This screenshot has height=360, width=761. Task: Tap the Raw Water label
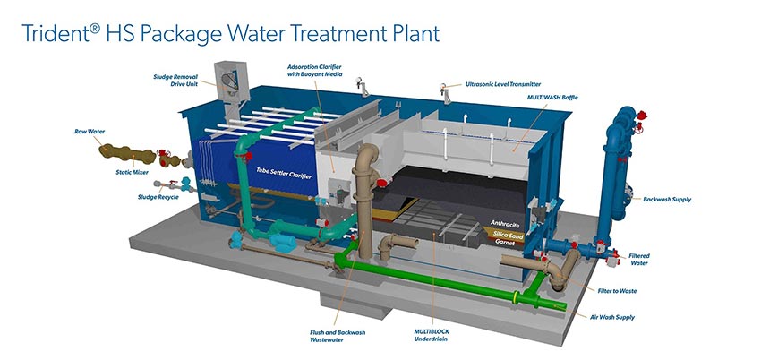coord(90,131)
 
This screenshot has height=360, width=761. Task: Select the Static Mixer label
coord(132,171)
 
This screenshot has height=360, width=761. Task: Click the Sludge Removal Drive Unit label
coord(176,81)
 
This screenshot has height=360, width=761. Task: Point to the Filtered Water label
coord(638,259)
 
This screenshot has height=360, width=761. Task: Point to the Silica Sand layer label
coord(506,233)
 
